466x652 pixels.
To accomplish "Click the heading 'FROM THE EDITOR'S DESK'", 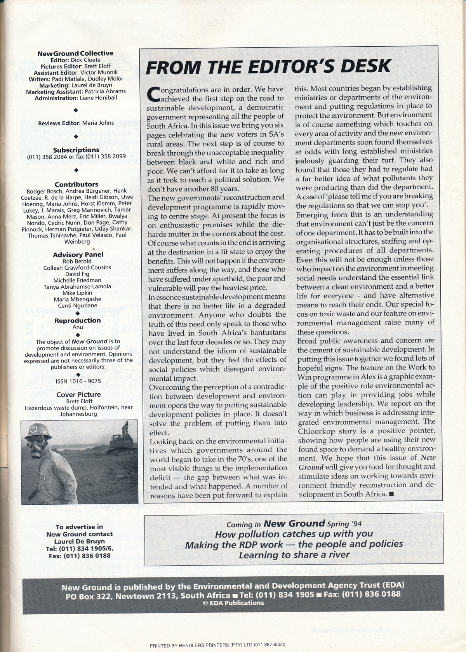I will (268, 67).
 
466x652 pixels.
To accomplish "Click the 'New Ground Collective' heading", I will (75, 53).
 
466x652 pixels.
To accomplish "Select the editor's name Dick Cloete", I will (85, 60).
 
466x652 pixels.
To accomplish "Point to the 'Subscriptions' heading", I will (76, 150).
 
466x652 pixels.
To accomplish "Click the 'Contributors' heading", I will (77, 185).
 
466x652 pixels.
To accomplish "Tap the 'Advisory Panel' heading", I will (78, 255).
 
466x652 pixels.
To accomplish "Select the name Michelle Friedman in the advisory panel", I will (77, 280).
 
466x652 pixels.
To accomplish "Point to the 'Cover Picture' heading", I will (78, 394).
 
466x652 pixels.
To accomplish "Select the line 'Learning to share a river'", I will (294, 555).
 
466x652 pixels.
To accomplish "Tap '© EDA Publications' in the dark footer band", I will (233, 603).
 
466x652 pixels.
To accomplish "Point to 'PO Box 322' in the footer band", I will (91, 595).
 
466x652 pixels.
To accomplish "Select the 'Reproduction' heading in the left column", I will (78, 321).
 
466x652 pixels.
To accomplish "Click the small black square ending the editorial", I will (391, 494).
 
